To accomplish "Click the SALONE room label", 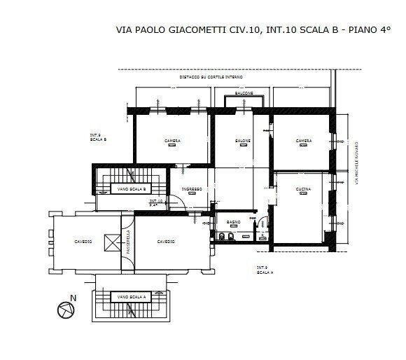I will tap(242, 141).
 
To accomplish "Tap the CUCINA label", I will tap(303, 190).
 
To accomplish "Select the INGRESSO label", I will tap(192, 189).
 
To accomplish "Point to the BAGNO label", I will tap(234, 221).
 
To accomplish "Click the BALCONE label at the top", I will tap(244, 93).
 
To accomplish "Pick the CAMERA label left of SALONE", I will tap(172, 141).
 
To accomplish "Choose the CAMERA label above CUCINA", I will tap(303, 141).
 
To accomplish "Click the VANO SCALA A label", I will tap(131, 297).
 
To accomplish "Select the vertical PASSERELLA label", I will tap(127, 242).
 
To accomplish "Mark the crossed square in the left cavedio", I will tap(111, 242).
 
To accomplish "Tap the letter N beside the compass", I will tap(83, 298).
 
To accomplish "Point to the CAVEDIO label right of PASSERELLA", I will tap(166, 242).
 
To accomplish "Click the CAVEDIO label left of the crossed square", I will tap(83, 242).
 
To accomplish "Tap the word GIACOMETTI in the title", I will tap(190, 30).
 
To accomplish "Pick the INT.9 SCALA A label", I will tap(265, 270).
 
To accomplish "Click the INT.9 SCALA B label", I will tap(98, 137).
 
